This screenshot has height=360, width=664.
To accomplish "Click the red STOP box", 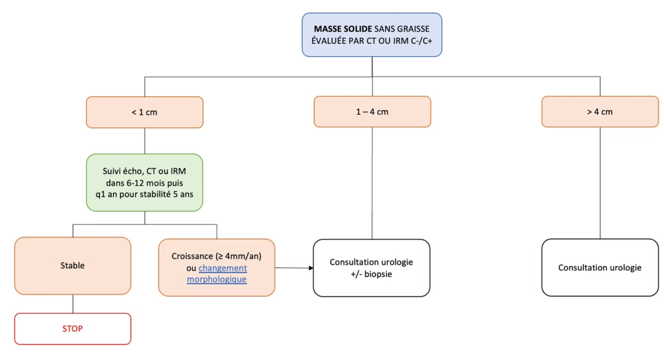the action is pyautogui.click(x=73, y=329).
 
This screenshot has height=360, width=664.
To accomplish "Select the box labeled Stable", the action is pyautogui.click(x=73, y=266).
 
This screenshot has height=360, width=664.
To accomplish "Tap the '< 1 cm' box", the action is pyautogui.click(x=145, y=112).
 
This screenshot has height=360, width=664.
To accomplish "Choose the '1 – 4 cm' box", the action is pyautogui.click(x=372, y=112).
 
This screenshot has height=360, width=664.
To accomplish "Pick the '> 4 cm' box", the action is pyautogui.click(x=600, y=112).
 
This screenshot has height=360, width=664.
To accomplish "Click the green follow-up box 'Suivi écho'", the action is pyautogui.click(x=145, y=183).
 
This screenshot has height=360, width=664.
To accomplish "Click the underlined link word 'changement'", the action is pyautogui.click(x=223, y=268).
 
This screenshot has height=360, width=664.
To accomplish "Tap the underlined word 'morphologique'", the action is pyautogui.click(x=217, y=279).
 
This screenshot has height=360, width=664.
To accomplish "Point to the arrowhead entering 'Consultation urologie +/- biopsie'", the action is pyautogui.click(x=311, y=268).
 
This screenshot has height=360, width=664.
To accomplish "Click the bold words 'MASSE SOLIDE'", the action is pyautogui.click(x=343, y=29).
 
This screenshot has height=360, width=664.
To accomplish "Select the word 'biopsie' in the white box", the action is pyautogui.click(x=378, y=274).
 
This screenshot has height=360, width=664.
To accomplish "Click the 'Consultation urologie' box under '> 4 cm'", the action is pyautogui.click(x=600, y=267).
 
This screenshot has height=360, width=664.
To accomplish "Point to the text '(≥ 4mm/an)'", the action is pyautogui.click(x=239, y=256).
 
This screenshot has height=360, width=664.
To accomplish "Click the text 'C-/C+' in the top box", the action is pyautogui.click(x=422, y=41).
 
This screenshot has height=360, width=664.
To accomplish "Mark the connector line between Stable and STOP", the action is pyautogui.click(x=73, y=304).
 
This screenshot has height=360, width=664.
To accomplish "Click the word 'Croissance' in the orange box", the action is pyautogui.click(x=192, y=256).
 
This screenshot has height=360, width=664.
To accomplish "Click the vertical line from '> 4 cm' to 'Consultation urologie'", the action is pyautogui.click(x=600, y=183).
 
